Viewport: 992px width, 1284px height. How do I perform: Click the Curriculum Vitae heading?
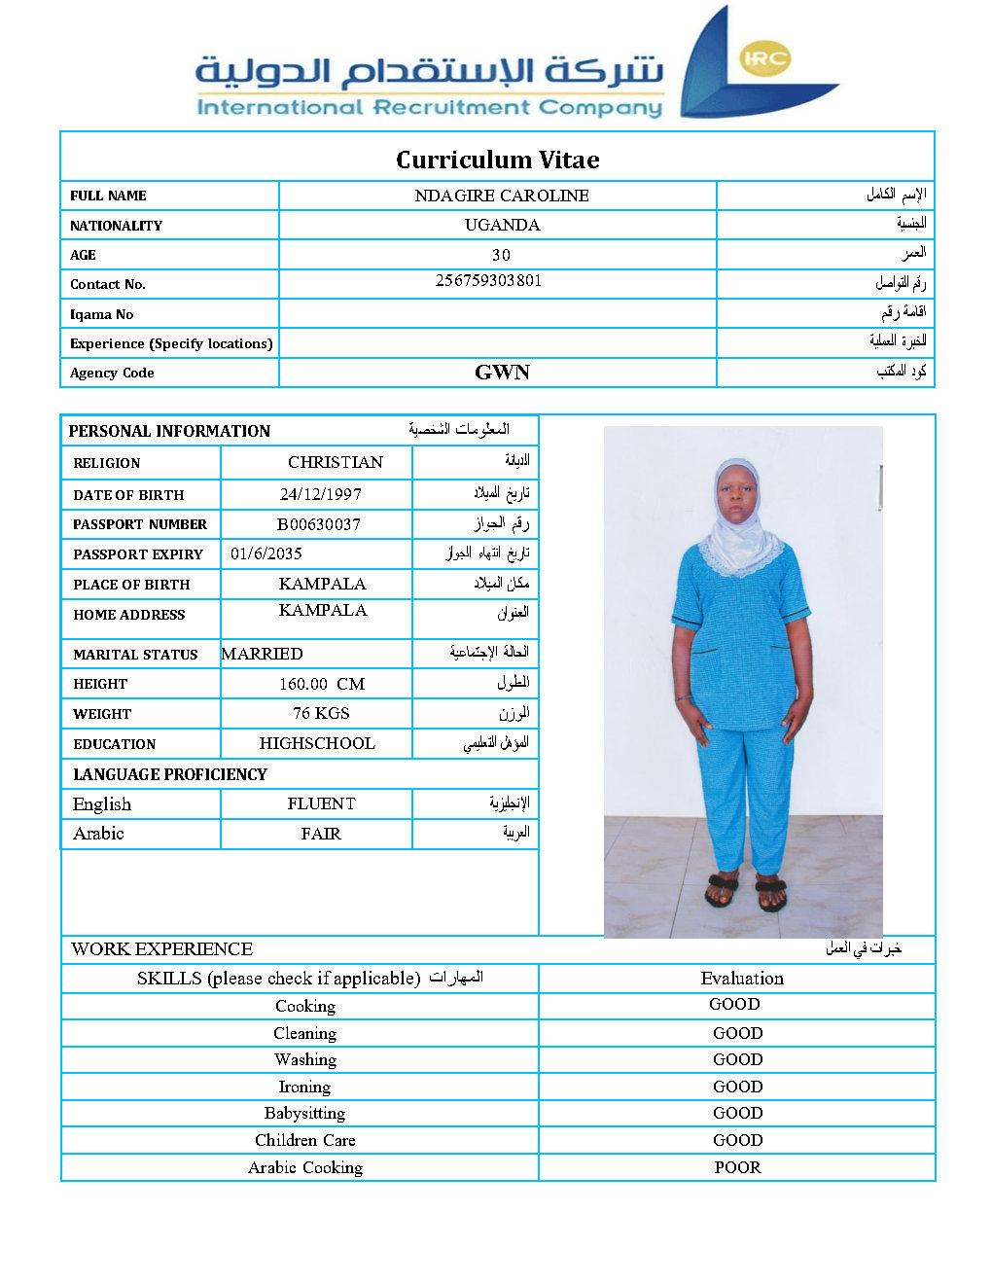pyautogui.click(x=497, y=160)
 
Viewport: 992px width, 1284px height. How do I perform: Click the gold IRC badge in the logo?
pyautogui.click(x=764, y=58)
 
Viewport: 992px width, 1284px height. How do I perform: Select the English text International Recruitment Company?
pyautogui.click(x=429, y=107)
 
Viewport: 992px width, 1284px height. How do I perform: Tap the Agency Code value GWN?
pyautogui.click(x=502, y=373)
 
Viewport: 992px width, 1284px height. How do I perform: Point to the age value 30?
pyautogui.click(x=501, y=255)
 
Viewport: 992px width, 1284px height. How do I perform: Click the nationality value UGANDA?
pyautogui.click(x=502, y=225)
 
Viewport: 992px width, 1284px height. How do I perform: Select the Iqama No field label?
pyautogui.click(x=101, y=314)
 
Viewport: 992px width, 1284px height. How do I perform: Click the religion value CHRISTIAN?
pyautogui.click(x=336, y=462)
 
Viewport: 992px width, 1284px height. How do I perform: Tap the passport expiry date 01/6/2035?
pyautogui.click(x=266, y=553)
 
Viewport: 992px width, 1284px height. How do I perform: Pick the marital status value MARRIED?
pyautogui.click(x=263, y=654)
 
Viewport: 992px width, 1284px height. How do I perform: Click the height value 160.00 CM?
pyautogui.click(x=322, y=684)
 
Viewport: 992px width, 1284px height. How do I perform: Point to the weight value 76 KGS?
pyautogui.click(x=321, y=713)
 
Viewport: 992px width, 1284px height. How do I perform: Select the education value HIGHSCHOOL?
pyautogui.click(x=317, y=743)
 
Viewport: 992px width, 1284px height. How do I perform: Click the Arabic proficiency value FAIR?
pyautogui.click(x=321, y=834)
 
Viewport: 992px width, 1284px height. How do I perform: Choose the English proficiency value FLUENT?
pyautogui.click(x=321, y=803)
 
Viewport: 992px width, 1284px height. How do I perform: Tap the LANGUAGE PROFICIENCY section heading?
pyautogui.click(x=170, y=774)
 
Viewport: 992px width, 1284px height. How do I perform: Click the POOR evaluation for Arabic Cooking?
pyautogui.click(x=737, y=1167)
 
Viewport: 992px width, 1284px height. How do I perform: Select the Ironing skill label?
pyautogui.click(x=304, y=1087)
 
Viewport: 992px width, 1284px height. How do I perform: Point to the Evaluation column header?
pyautogui.click(x=742, y=979)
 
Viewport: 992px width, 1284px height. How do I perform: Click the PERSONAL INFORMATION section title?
pyautogui.click(x=169, y=431)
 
